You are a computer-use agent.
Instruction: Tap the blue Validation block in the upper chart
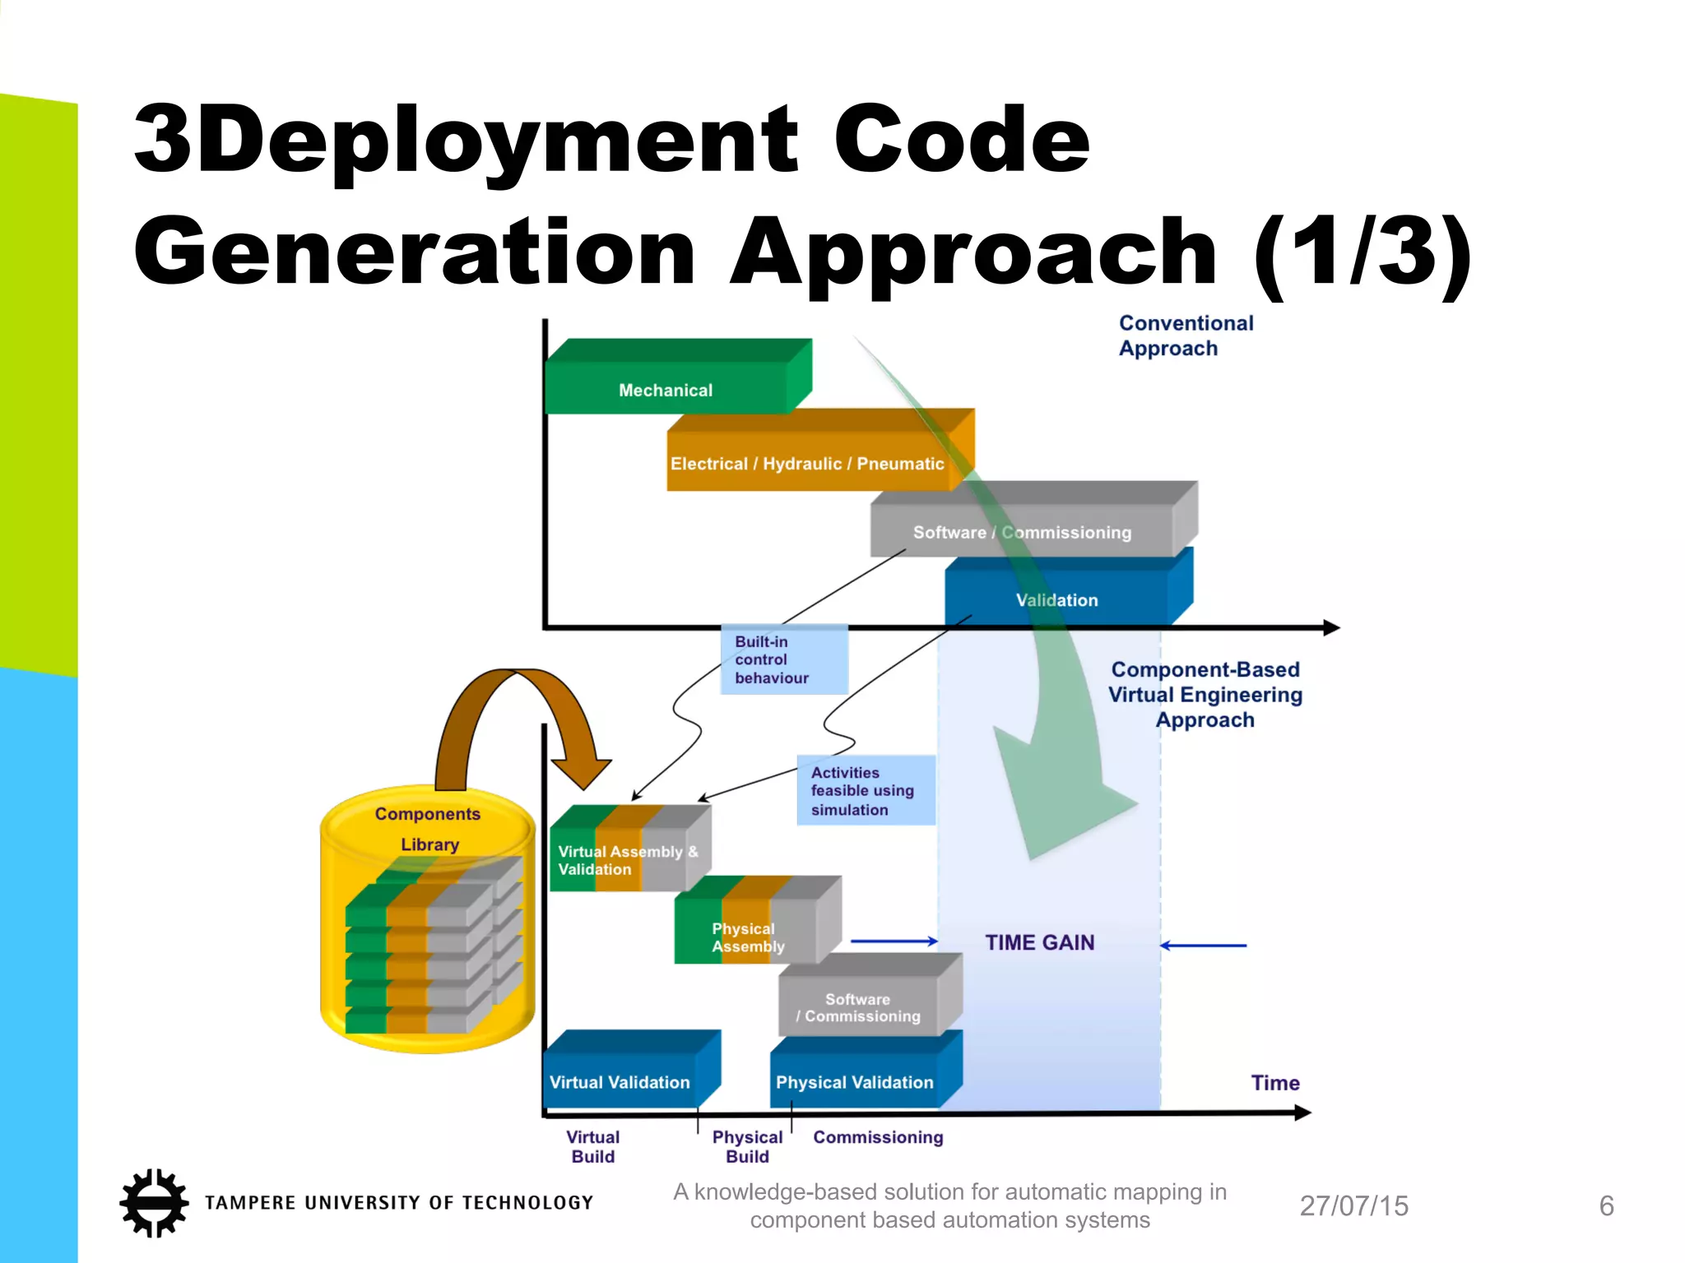pos(1056,599)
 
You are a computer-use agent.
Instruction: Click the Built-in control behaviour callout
pos(782,659)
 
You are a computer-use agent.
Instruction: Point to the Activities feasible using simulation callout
pos(865,790)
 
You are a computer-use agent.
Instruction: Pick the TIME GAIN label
pos(1040,942)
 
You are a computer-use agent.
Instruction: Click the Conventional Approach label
pos(1185,335)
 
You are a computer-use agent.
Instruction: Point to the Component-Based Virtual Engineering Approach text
pos(1205,695)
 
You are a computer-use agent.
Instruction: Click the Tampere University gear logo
pos(154,1202)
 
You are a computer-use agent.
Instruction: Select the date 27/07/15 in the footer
pos(1353,1205)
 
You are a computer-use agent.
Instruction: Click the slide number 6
pos(1606,1205)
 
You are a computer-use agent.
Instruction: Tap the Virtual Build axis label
pos(593,1146)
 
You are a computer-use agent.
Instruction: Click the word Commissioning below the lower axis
pos(878,1137)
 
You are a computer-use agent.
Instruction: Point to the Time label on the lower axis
pos(1274,1083)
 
